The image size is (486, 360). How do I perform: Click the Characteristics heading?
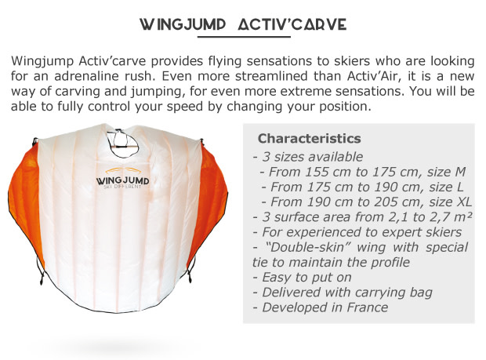coord(309,139)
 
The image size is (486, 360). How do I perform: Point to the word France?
coord(368,307)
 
